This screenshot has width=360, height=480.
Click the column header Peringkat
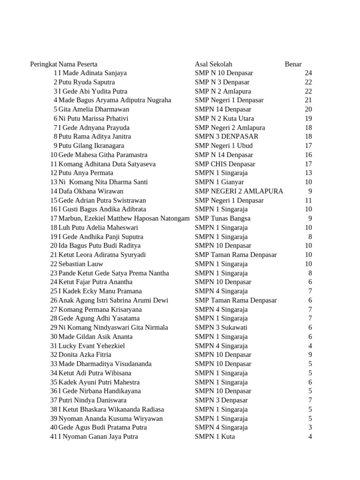(44, 64)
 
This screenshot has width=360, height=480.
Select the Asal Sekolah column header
(213, 64)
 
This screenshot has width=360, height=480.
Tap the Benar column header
(293, 64)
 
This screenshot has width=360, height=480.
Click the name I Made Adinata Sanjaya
(92, 73)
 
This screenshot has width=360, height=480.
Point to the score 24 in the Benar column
(308, 73)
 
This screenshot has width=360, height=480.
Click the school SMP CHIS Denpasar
(225, 164)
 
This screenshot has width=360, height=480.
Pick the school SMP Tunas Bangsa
(223, 218)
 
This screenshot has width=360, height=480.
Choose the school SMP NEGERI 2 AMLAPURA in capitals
(239, 191)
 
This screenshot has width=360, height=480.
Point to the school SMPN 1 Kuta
(215, 437)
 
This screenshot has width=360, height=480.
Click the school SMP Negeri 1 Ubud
(224, 146)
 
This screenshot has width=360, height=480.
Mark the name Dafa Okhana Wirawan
(91, 191)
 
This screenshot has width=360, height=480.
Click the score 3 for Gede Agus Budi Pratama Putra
(310, 427)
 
